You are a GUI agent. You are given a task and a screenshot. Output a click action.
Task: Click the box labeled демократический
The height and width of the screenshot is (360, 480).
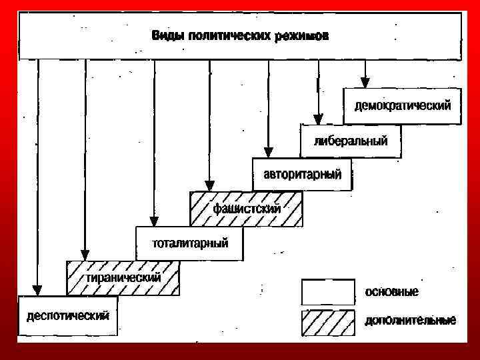(x=402, y=106)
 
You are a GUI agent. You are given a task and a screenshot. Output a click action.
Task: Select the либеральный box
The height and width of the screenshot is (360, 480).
(x=350, y=141)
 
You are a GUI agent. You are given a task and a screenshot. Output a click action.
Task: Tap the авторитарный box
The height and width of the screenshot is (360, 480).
(x=302, y=175)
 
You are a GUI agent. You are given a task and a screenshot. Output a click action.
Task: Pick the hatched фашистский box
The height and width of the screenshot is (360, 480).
(x=246, y=209)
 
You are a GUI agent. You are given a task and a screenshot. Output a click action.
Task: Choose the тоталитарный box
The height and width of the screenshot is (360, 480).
(x=190, y=243)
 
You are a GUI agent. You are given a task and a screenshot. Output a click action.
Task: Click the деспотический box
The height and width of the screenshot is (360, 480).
(x=67, y=315)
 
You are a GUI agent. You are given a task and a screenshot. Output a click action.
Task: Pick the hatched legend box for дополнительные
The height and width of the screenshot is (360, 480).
(x=328, y=323)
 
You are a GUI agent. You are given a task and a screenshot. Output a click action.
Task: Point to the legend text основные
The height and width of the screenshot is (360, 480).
(x=391, y=292)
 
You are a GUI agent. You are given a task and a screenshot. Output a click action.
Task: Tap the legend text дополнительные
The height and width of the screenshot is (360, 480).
(x=410, y=321)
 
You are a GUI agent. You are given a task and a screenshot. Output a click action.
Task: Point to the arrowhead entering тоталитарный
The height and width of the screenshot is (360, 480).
(x=154, y=221)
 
